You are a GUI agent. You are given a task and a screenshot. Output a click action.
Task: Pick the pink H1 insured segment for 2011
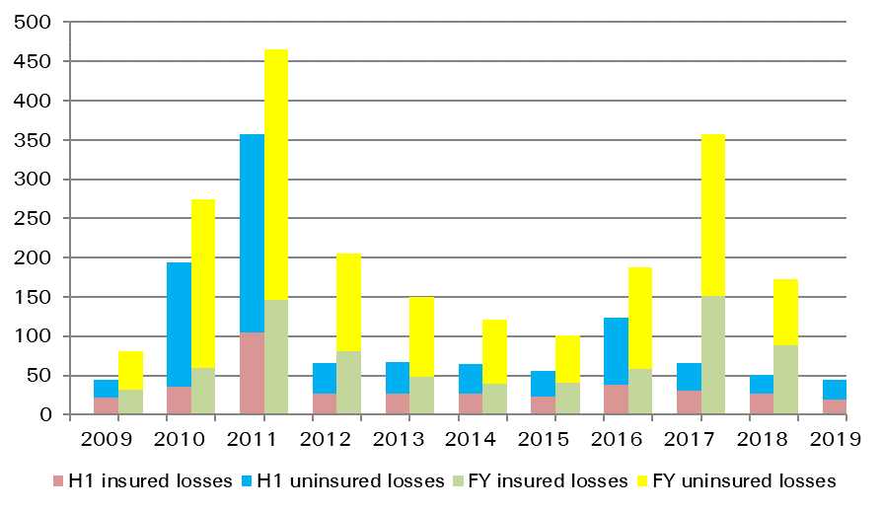[252, 374]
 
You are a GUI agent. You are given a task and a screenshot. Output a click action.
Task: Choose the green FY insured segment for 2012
[348, 383]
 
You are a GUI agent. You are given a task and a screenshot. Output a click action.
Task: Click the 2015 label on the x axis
[542, 439]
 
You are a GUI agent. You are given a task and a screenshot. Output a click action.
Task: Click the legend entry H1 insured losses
[148, 481]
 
